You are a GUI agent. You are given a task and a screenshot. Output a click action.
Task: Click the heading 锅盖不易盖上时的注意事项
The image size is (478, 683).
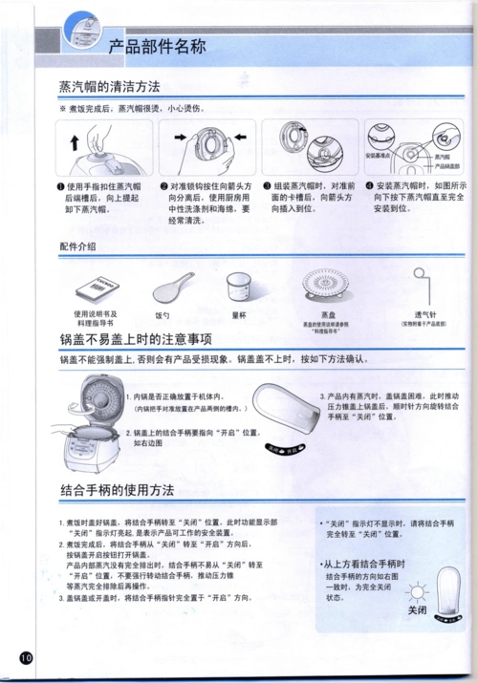(x=135, y=340)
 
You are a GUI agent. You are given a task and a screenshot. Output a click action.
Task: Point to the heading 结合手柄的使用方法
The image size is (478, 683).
(x=117, y=490)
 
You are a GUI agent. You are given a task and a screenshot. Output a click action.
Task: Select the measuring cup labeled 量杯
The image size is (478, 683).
(x=239, y=284)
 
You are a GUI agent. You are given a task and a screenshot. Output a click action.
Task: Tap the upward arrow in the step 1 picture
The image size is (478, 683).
(x=76, y=141)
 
